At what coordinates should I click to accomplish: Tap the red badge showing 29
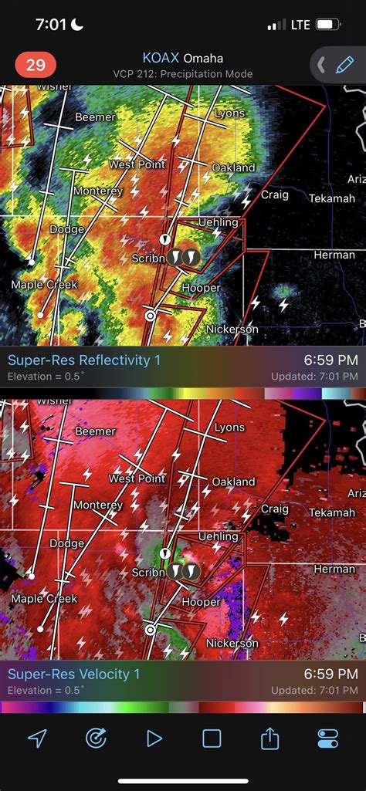coord(36,65)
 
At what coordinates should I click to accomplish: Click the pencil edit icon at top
coord(344,65)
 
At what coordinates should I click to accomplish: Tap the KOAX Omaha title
coord(182,58)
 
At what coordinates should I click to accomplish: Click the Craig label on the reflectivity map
coord(274,194)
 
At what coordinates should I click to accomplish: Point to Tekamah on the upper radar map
coord(331,198)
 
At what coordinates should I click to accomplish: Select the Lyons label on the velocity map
coord(229,428)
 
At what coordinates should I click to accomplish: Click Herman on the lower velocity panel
coord(334,569)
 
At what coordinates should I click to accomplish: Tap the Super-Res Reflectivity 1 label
coord(84,360)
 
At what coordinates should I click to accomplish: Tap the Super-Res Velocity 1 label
coord(74,674)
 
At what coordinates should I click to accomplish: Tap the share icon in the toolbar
coord(269,739)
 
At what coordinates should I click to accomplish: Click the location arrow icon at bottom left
coord(36,739)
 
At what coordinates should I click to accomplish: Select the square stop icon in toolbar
coord(212,739)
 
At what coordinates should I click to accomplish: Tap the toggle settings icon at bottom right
coord(328,739)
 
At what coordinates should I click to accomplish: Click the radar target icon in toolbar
coord(95,739)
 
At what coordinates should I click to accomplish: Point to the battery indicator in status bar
coord(328,25)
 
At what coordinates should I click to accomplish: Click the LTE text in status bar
coord(300,25)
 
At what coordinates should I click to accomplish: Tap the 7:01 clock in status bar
coord(52,25)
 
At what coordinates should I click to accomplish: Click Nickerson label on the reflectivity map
coord(232,329)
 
